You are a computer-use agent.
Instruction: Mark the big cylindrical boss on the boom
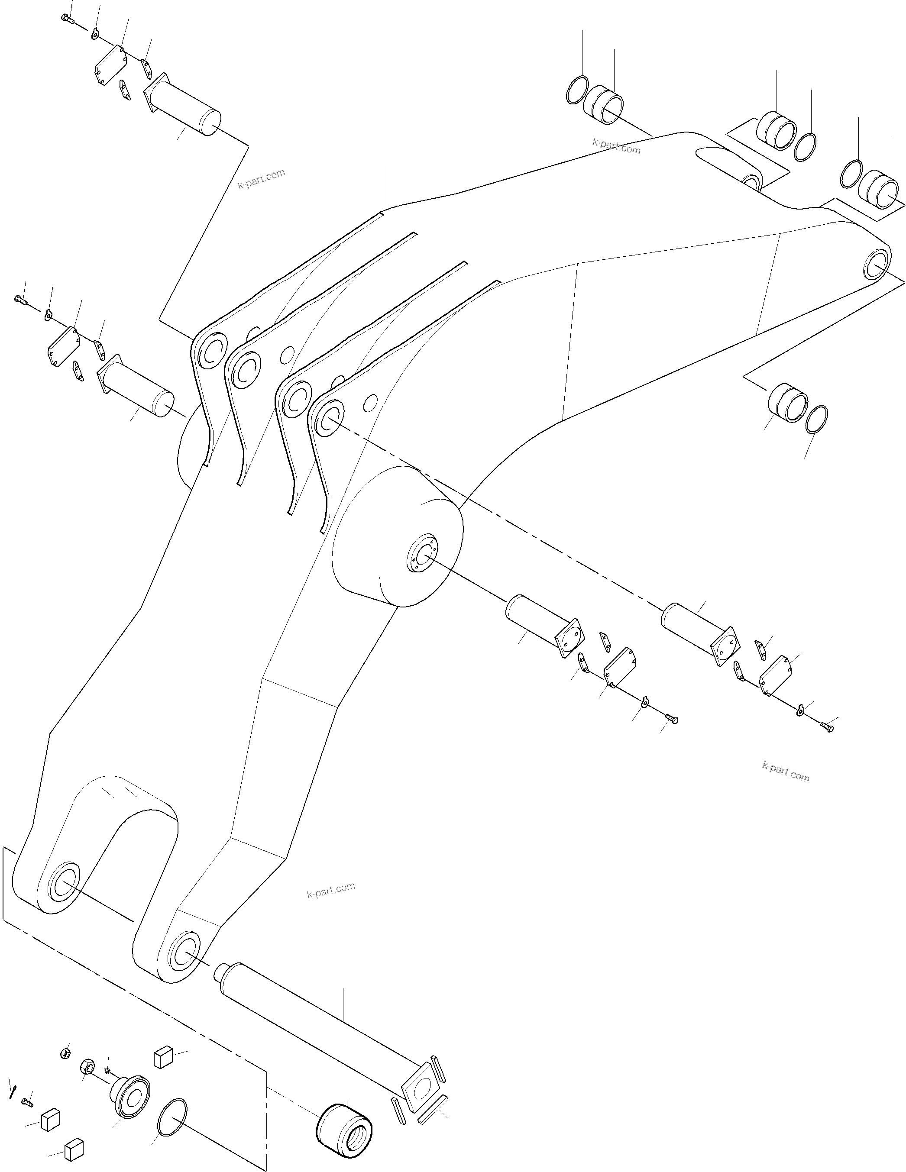click(x=397, y=536)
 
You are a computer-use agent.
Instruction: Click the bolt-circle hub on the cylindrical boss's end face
click(x=422, y=553)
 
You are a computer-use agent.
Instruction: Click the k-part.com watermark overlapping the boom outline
click(x=616, y=146)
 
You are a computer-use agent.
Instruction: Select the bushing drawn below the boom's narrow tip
click(x=787, y=403)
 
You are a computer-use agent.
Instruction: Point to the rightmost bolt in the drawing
click(x=827, y=727)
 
